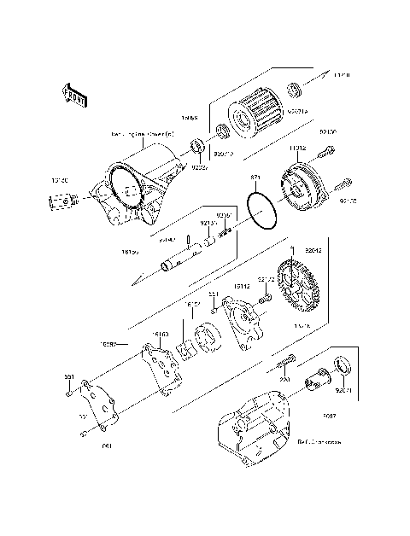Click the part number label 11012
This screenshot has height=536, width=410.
tap(297, 149)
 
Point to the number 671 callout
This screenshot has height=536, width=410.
tap(255, 178)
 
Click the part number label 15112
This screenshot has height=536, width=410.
tap(242, 288)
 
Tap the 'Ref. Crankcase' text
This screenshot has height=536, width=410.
tap(319, 443)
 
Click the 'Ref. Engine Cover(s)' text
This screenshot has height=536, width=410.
tap(141, 135)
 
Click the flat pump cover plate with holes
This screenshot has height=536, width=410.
tap(101, 406)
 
